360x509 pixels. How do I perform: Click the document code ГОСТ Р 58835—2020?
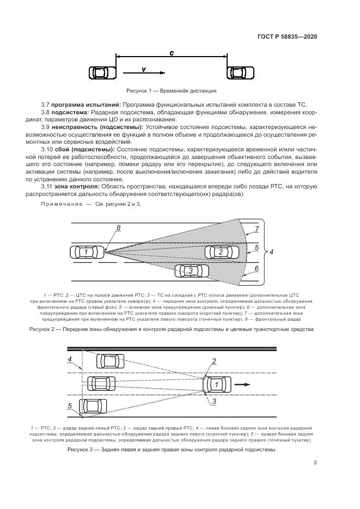click(287, 36)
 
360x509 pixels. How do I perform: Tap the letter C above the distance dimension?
click(171, 53)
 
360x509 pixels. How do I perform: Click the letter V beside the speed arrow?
click(143, 69)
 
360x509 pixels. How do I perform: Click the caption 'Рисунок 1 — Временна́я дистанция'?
click(171, 91)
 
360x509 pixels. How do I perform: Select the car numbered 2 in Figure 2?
click(221, 252)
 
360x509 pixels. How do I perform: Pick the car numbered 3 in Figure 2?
click(190, 270)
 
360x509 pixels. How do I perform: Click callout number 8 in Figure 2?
click(118, 228)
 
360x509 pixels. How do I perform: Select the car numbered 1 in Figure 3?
click(217, 384)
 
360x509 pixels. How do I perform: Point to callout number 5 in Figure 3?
click(70, 406)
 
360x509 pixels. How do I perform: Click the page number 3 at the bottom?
click(315, 463)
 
